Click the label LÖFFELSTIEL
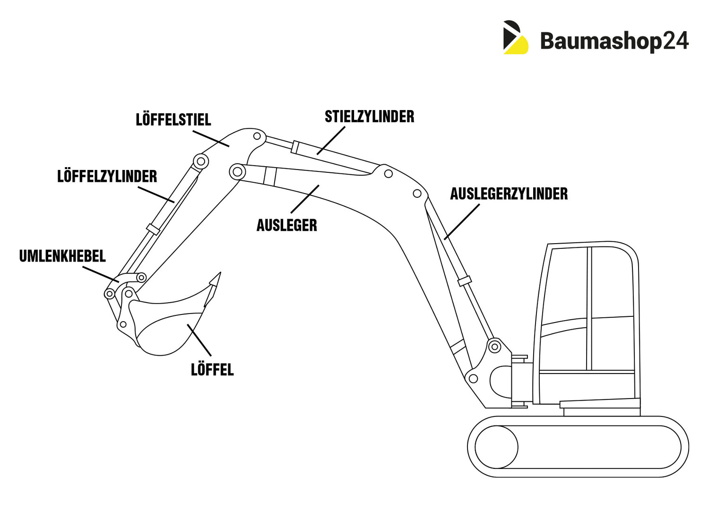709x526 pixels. point(173,119)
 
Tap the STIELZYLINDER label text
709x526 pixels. point(369,117)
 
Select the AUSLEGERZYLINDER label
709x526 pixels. point(509,194)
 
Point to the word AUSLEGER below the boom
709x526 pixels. point(286,225)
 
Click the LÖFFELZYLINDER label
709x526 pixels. point(107,177)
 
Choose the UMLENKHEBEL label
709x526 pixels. point(62,256)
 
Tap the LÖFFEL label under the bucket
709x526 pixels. point(212,369)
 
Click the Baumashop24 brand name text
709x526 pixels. point(614,41)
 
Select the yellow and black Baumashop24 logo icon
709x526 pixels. point(515,37)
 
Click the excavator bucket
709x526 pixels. point(165,326)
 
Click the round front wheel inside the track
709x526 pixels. point(496,447)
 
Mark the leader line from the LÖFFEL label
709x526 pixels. point(199,339)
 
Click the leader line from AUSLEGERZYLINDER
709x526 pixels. point(462,221)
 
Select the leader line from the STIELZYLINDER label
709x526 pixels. point(331,140)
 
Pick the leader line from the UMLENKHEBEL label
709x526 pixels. point(100,274)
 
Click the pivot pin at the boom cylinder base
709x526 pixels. point(494,347)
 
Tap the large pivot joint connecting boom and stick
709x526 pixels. point(237,171)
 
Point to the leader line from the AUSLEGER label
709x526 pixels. point(305,199)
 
